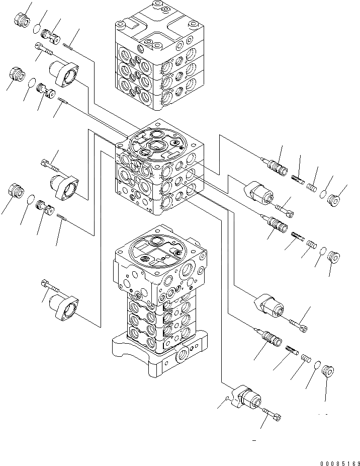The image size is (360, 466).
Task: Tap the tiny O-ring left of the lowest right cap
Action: click(227, 400)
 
